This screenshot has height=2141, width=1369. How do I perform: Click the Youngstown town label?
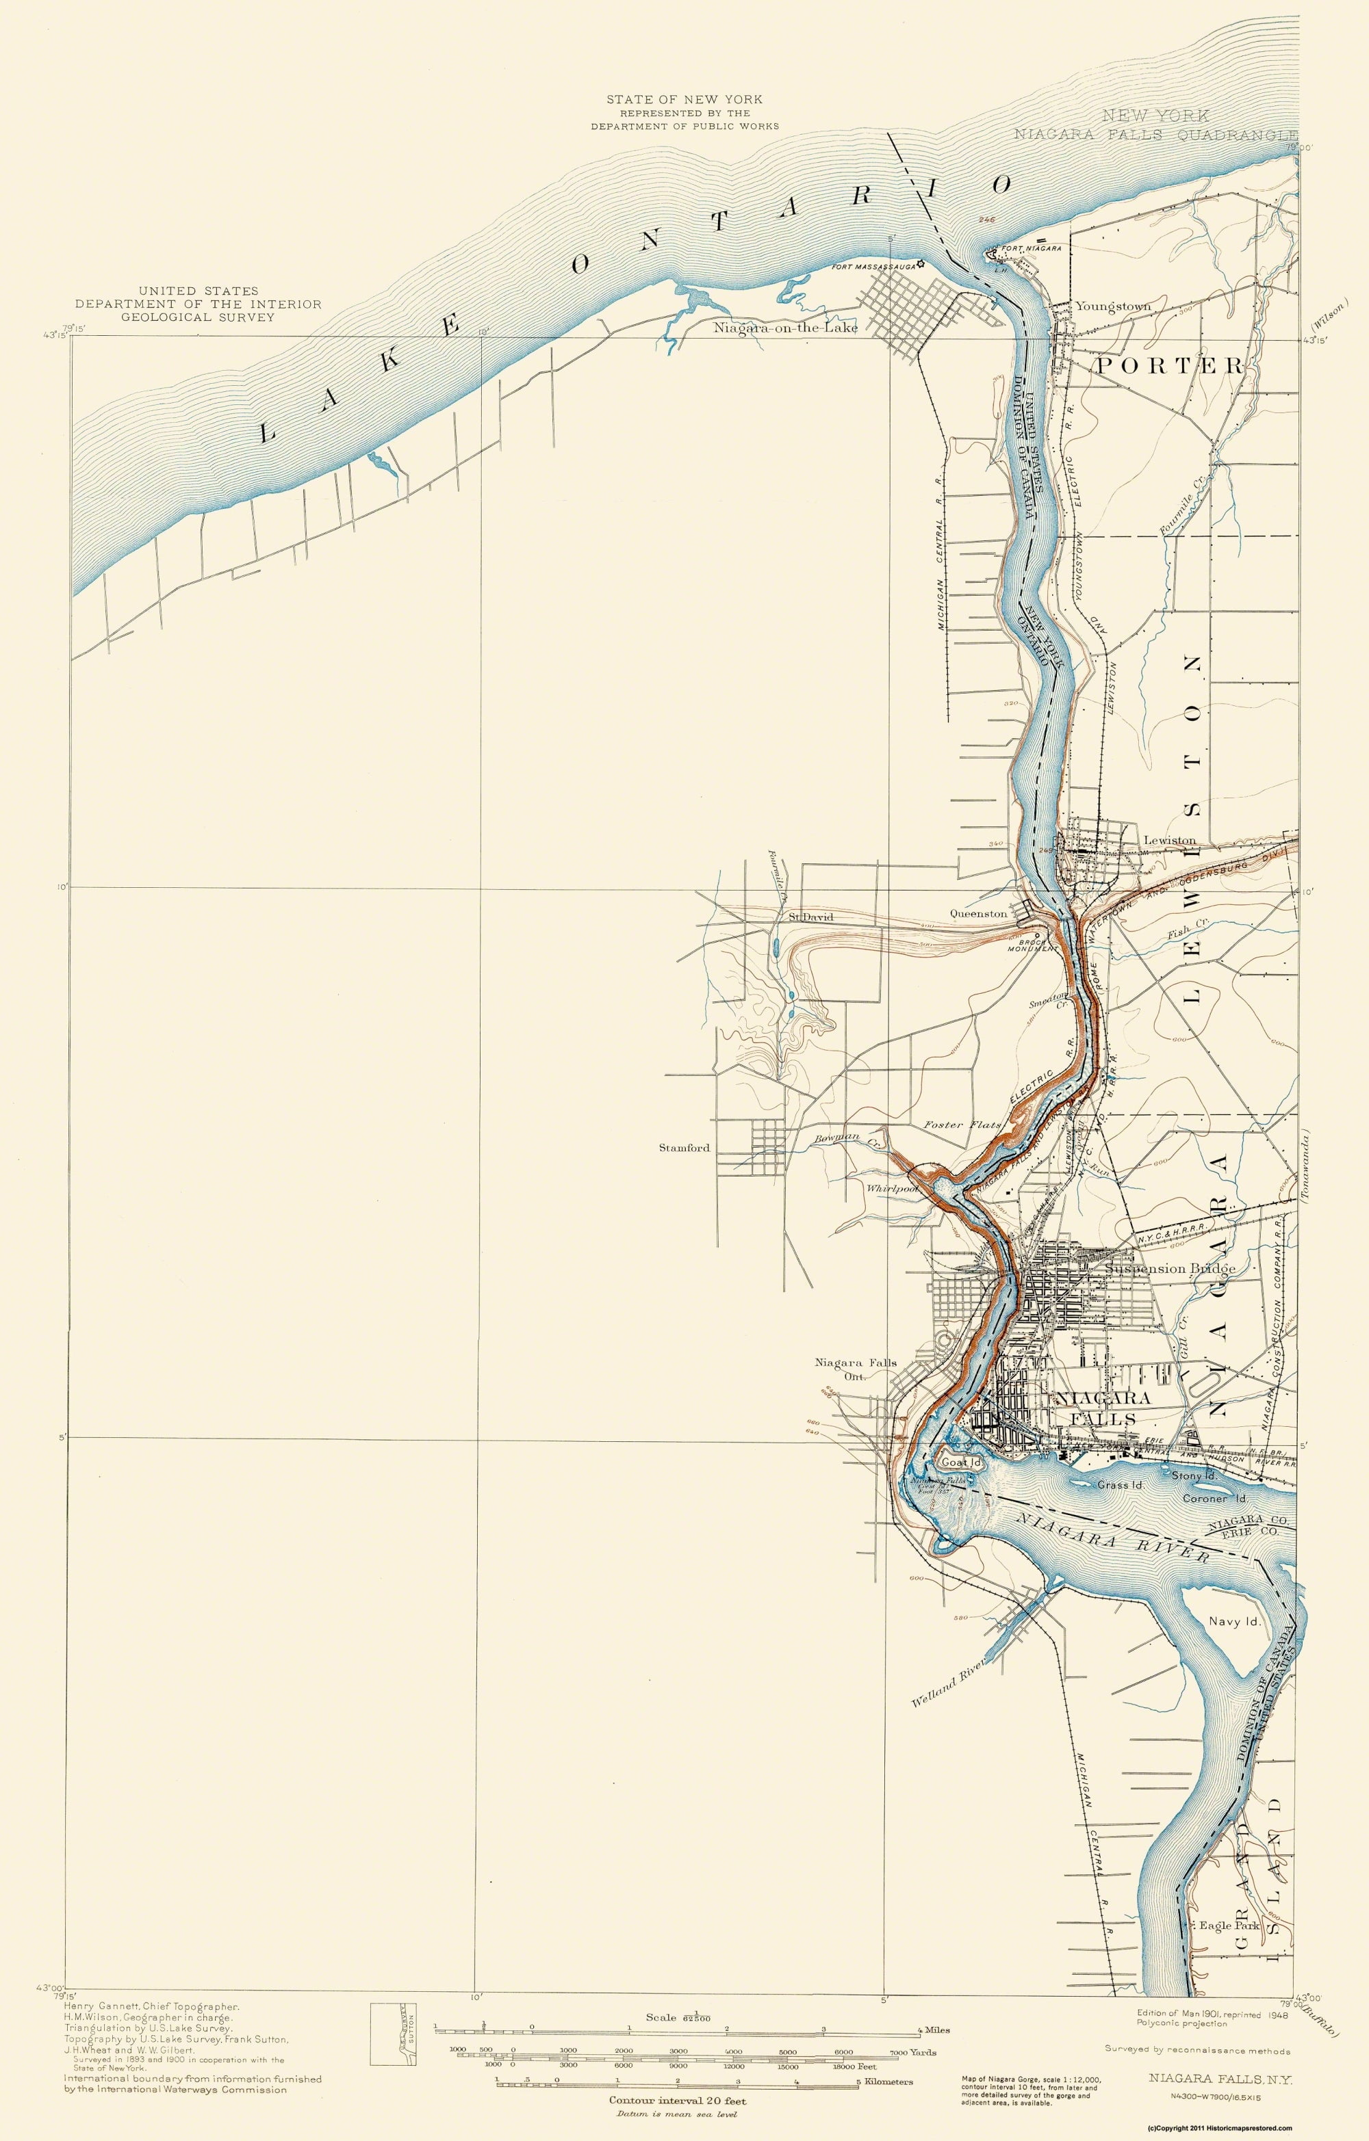pos(1113,306)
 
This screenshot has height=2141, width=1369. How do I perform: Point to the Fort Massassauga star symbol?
pos(921,264)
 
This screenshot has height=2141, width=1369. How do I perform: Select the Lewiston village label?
pos(1169,840)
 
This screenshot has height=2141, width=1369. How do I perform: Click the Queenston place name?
pos(977,913)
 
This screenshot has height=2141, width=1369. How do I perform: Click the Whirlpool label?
pos(892,1188)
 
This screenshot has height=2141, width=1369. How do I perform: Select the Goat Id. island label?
pos(962,1462)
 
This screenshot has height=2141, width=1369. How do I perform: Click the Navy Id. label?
pos(1236,1621)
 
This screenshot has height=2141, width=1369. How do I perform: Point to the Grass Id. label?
pos(1120,1485)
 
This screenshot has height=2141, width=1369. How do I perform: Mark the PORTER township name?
pos(1168,365)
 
